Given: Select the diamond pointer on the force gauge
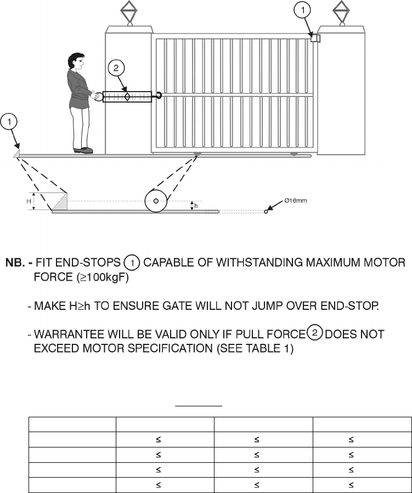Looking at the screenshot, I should click(127, 97).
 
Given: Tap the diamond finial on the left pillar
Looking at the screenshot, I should click(129, 9).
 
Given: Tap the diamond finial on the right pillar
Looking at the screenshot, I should click(341, 9).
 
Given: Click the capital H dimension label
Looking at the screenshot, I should click(29, 201).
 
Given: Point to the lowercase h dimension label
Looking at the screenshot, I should click(196, 206).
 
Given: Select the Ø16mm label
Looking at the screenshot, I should click(296, 201).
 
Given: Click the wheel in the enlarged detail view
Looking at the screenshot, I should click(156, 201).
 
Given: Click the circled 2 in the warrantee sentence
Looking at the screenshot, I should click(314, 333).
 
